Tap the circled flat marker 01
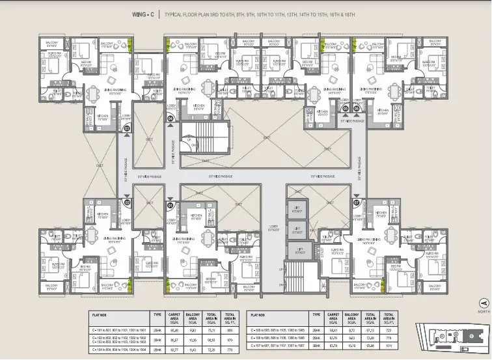pyautogui.click(x=171, y=205)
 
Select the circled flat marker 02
pyautogui.click(x=128, y=202)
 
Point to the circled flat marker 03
pyautogui.click(x=128, y=130)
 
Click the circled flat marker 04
pyautogui.click(x=171, y=119)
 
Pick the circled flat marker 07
pyautogui.click(x=357, y=203)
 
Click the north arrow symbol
pyautogui.click(x=482, y=301)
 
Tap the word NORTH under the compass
pyautogui.click(x=482, y=311)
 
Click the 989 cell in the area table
pyautogui.click(x=228, y=329)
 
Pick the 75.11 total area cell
pyautogui.click(x=210, y=329)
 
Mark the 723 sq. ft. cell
pyautogui.click(x=389, y=330)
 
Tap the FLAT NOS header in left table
pyautogui.click(x=100, y=316)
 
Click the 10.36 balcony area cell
pyautogui.click(x=192, y=339)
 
